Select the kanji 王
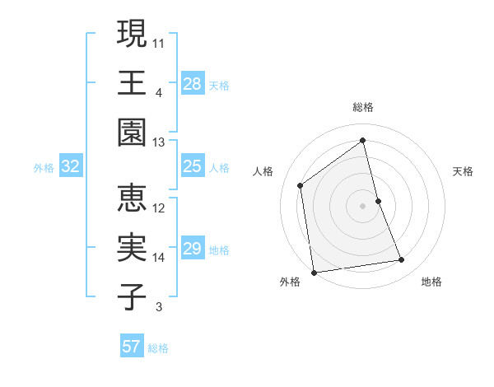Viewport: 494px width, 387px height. click(133, 83)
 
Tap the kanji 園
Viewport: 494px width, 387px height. click(133, 133)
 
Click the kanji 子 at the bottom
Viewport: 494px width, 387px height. click(133, 297)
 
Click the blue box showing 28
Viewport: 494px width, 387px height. click(193, 83)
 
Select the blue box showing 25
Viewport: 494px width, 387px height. click(193, 166)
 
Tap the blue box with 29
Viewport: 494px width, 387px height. click(193, 249)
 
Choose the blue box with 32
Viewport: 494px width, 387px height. click(71, 166)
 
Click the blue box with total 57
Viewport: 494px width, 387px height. click(132, 347)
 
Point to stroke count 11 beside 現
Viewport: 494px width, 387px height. click(159, 41)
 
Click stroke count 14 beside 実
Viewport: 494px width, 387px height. click(159, 258)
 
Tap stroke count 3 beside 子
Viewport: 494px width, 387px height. click(159, 308)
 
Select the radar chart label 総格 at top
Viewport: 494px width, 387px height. click(363, 107)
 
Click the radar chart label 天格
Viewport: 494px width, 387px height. click(464, 171)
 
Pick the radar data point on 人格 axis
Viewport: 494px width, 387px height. click(301, 185)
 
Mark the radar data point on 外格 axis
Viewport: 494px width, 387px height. click(314, 272)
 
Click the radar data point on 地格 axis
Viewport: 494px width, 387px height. click(402, 260)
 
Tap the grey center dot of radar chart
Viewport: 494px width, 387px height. click(363, 206)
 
